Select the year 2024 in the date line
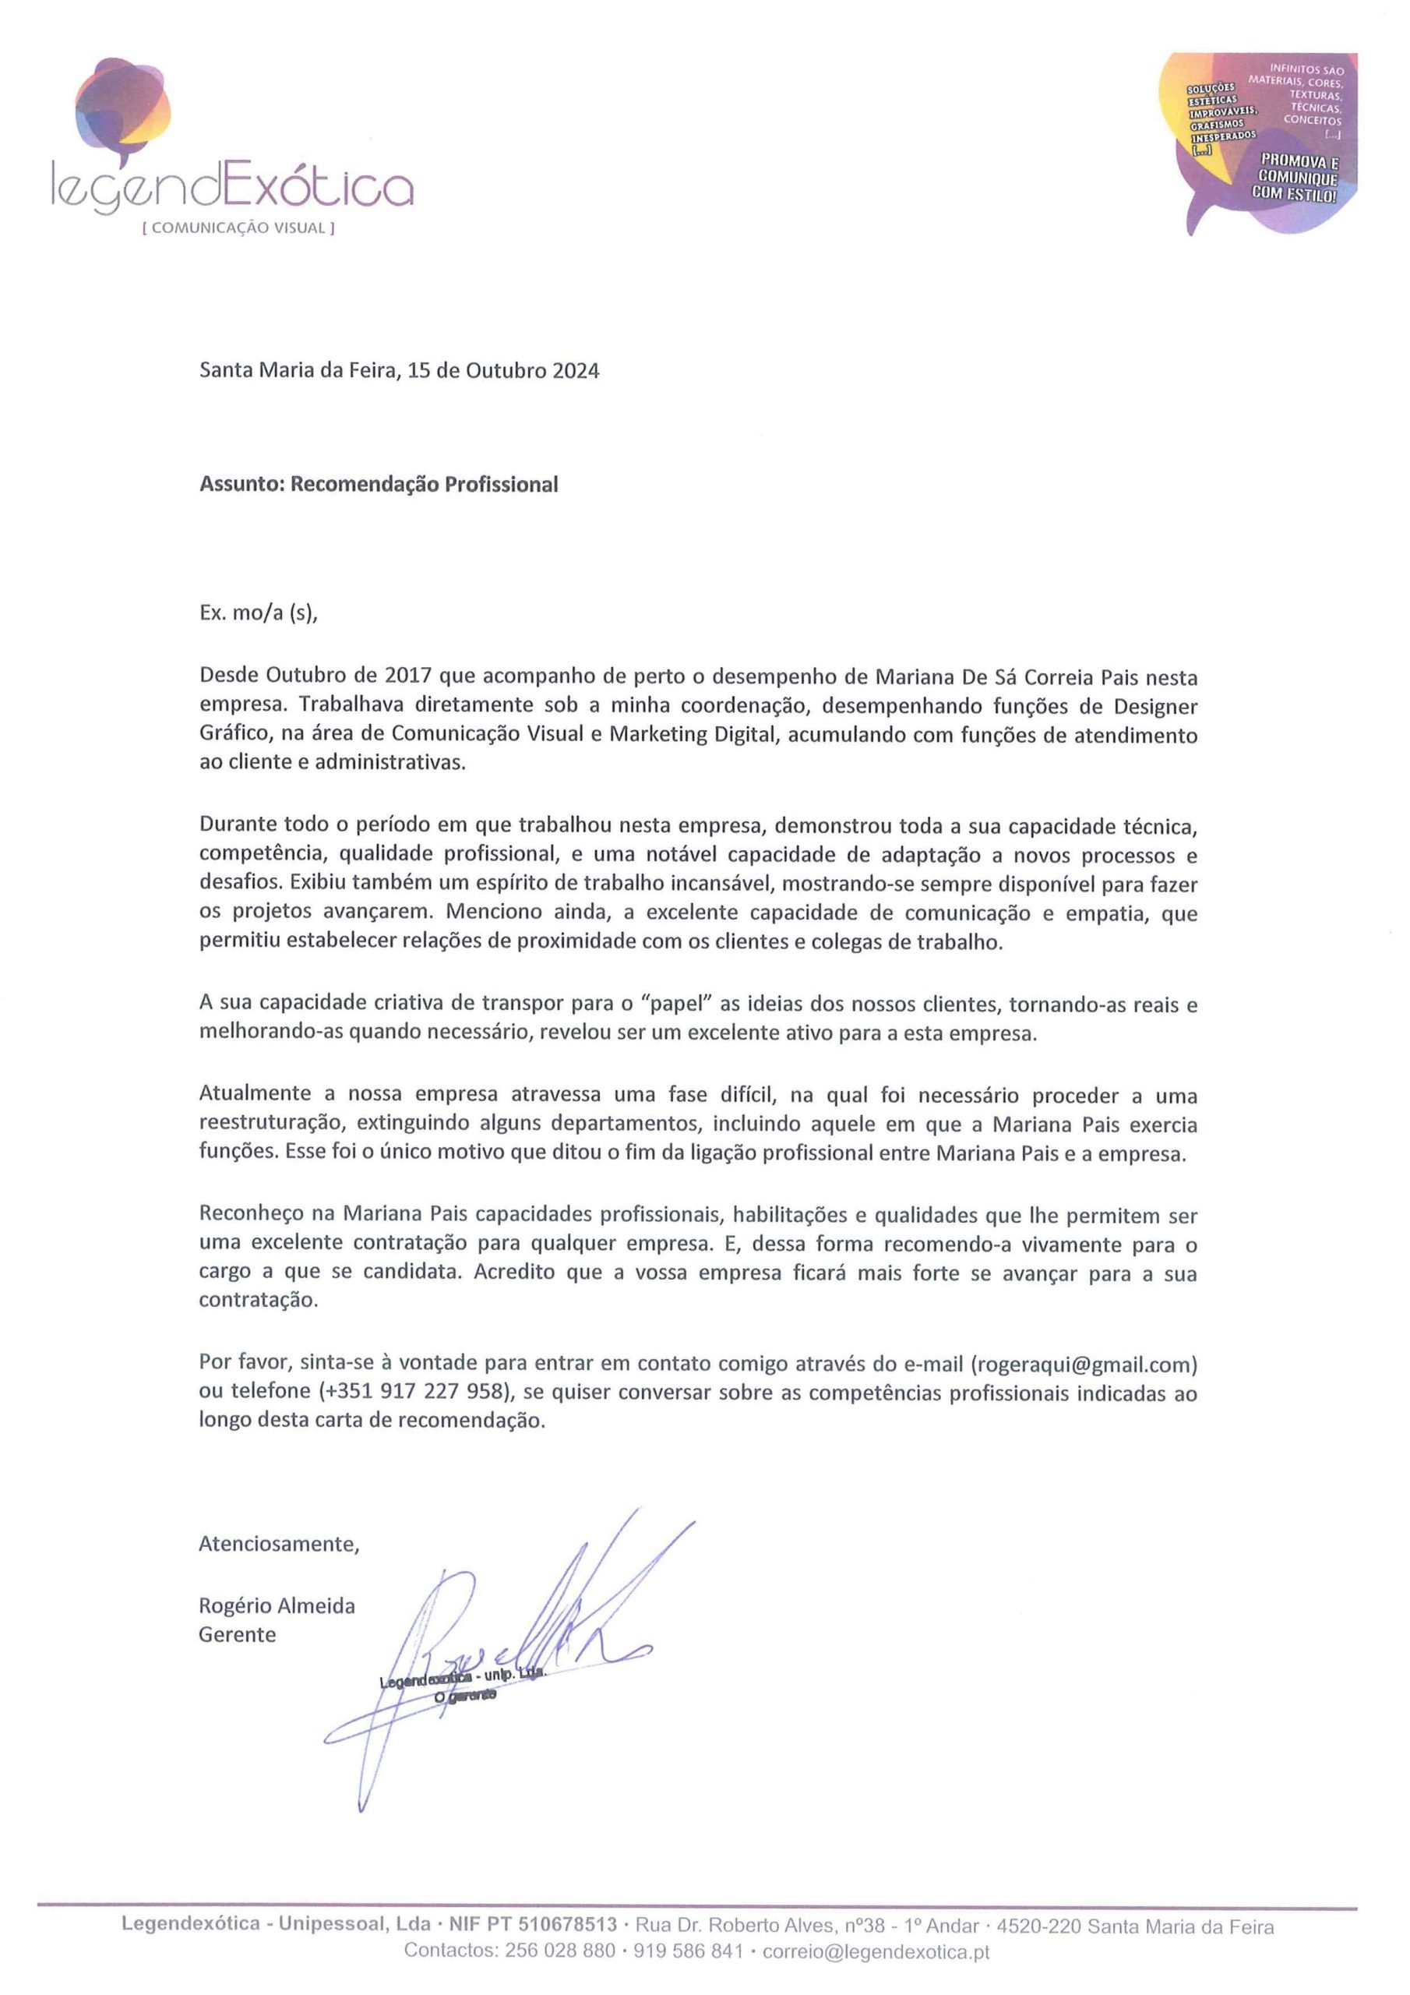[x=575, y=371]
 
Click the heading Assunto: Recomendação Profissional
[x=379, y=485]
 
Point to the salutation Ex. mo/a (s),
[x=259, y=613]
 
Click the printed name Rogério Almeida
[x=277, y=1605]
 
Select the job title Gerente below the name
[x=237, y=1634]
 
